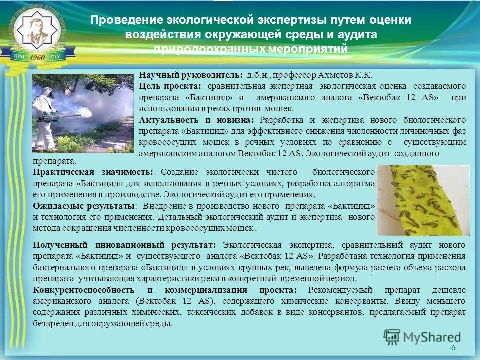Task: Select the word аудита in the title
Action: (358, 35)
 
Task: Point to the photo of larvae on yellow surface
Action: (423, 200)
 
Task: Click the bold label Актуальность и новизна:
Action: (196, 120)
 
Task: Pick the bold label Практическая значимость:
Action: (95, 172)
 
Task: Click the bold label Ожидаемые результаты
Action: (83, 206)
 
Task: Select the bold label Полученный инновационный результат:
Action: (124, 245)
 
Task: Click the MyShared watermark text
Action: (430, 337)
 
